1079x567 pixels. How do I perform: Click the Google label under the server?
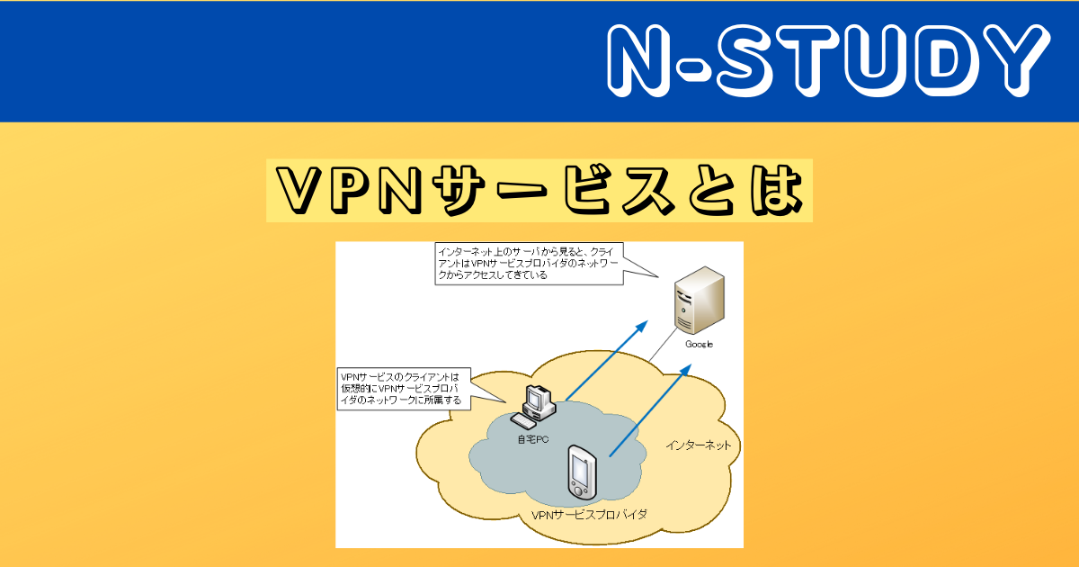click(699, 345)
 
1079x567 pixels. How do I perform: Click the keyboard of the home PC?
click(523, 420)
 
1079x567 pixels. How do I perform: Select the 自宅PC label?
click(532, 439)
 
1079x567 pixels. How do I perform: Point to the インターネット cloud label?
click(698, 445)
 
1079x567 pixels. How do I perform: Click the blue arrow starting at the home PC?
click(605, 360)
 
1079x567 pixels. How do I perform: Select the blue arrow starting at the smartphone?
click(649, 410)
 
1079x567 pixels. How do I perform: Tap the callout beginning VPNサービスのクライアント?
click(405, 388)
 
